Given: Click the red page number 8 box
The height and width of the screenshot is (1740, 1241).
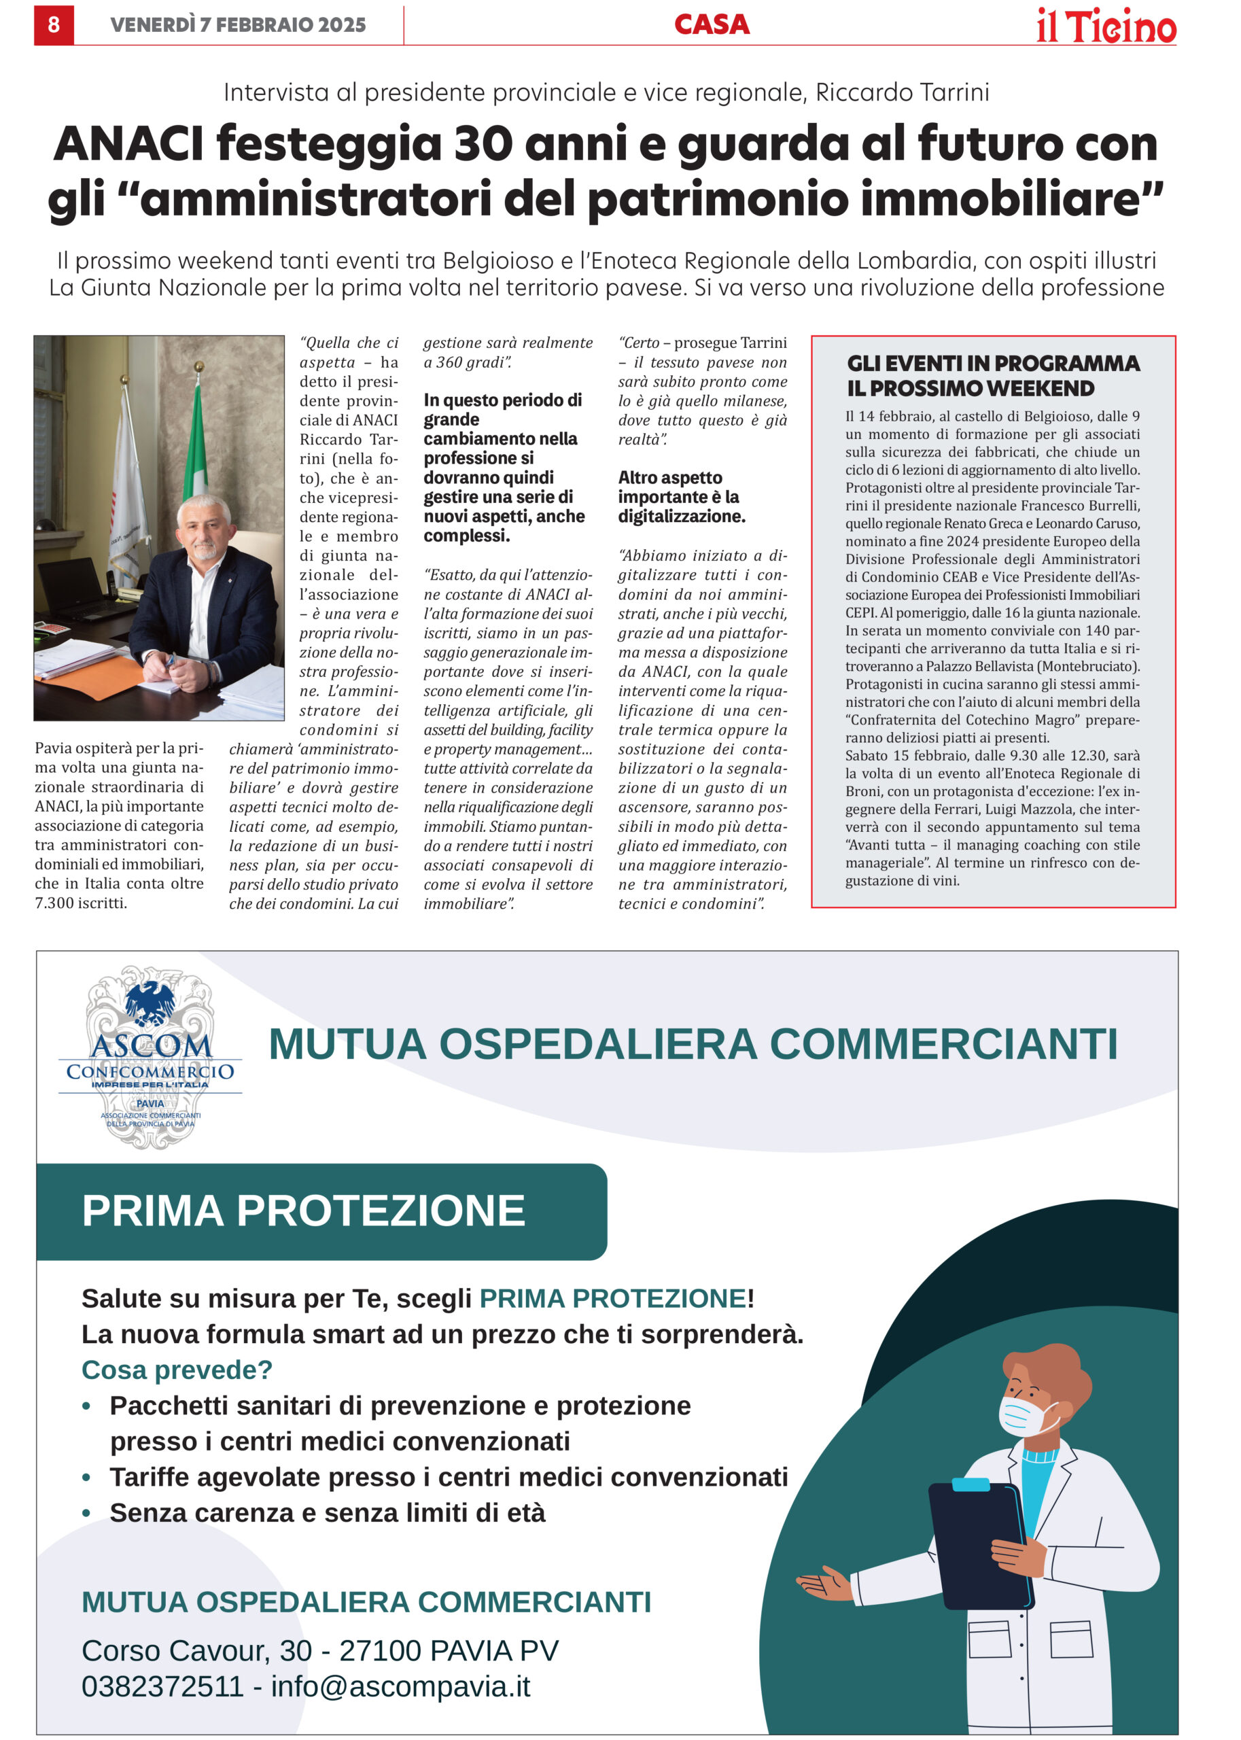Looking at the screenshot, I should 54,25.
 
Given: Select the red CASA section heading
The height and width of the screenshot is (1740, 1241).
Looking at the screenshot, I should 712,25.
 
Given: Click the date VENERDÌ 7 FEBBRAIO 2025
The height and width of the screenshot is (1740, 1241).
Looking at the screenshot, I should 238,25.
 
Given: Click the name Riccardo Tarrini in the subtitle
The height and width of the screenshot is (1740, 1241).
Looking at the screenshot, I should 902,92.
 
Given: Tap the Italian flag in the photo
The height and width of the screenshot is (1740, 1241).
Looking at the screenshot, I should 196,443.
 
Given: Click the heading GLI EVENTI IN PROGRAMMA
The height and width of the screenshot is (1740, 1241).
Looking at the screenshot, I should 993,364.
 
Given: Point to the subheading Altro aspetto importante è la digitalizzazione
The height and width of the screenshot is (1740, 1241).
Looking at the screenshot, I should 681,497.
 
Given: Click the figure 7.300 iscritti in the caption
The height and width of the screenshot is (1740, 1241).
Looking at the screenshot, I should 80,903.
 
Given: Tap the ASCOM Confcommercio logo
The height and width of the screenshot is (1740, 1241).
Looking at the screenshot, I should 151,1058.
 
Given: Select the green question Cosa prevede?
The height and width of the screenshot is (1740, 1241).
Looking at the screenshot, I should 177,1370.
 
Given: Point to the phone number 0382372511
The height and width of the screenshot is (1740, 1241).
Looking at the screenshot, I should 162,1686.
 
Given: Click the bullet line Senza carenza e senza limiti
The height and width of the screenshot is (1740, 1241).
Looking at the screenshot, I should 327,1512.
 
